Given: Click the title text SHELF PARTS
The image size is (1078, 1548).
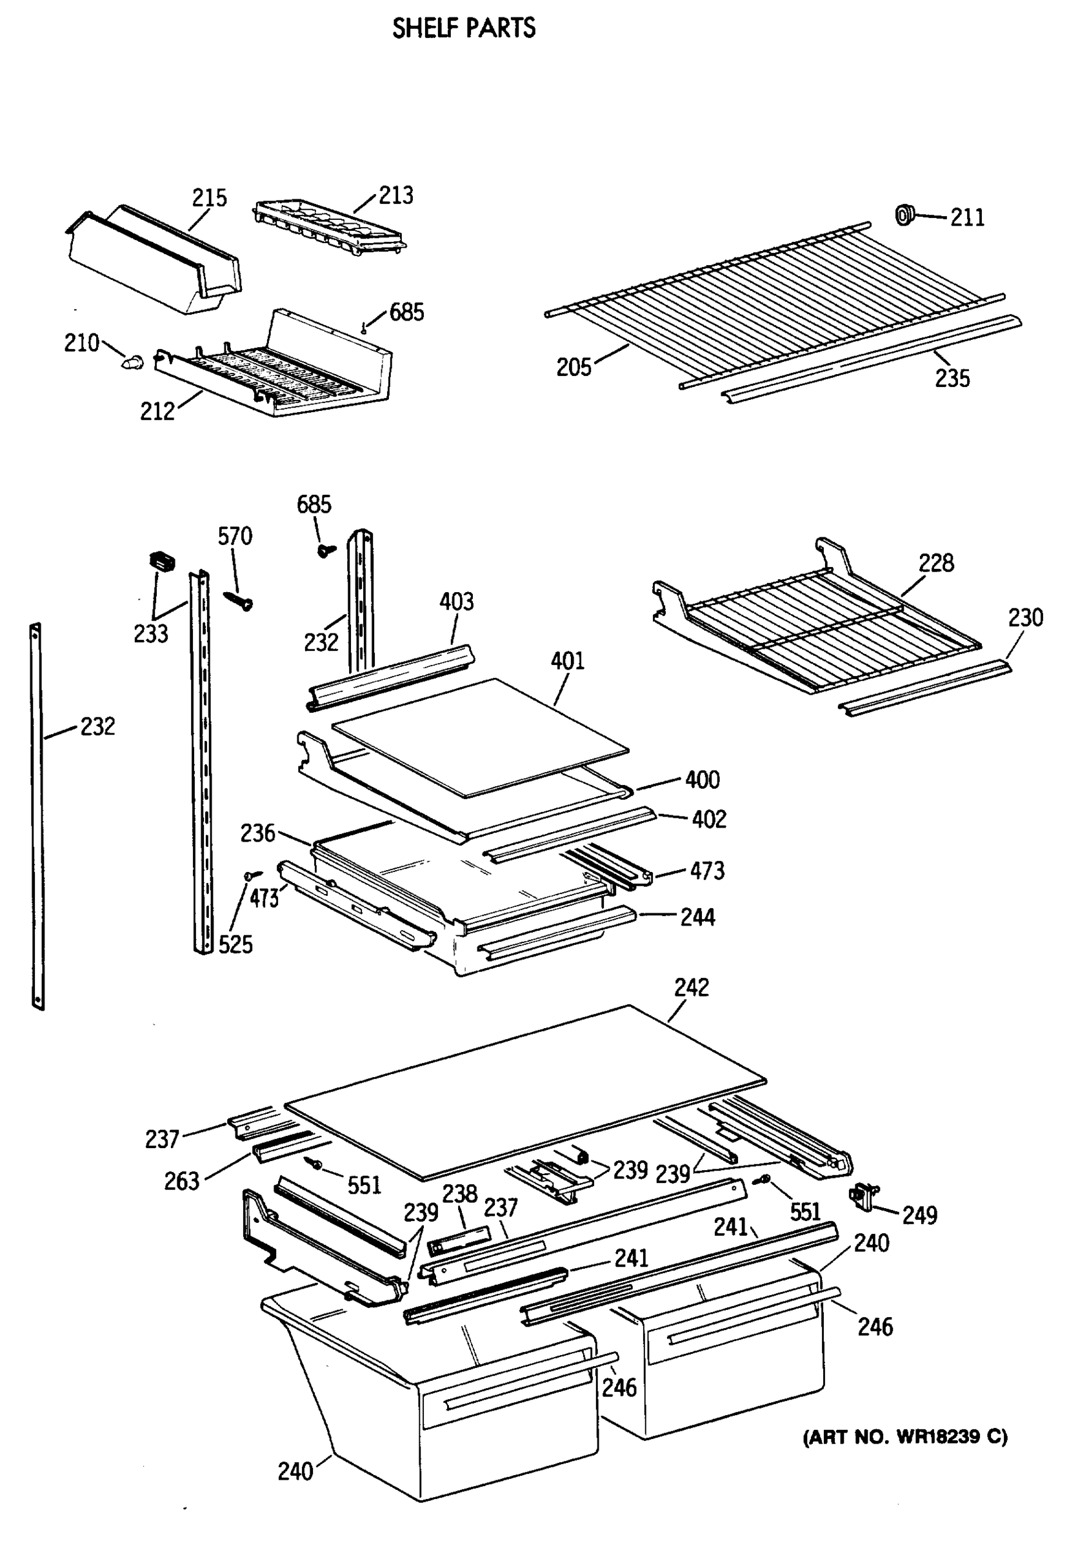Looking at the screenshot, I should click(x=464, y=28).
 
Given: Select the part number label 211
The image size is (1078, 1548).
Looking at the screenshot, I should click(x=967, y=217).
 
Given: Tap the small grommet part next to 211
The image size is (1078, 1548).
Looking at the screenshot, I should click(x=903, y=215).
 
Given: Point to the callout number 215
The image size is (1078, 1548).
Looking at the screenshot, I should click(x=209, y=197).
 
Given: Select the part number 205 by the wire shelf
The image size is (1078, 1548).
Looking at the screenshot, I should click(x=573, y=368).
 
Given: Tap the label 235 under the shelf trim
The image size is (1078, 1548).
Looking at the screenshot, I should click(x=952, y=378).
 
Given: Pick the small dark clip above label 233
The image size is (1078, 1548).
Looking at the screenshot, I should click(x=161, y=560).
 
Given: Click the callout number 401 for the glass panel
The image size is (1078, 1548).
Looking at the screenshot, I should click(x=568, y=660).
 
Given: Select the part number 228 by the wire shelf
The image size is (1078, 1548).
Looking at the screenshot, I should click(x=935, y=562).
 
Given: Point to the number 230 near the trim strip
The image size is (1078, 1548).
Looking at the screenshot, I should click(x=1024, y=617).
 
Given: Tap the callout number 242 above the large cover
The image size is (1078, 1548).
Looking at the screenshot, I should click(x=691, y=987).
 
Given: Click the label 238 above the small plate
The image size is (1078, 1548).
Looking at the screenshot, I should click(x=459, y=1194).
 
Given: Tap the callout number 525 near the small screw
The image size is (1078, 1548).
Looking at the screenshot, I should click(x=235, y=944).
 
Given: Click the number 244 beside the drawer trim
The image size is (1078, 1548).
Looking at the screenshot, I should click(x=697, y=917).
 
